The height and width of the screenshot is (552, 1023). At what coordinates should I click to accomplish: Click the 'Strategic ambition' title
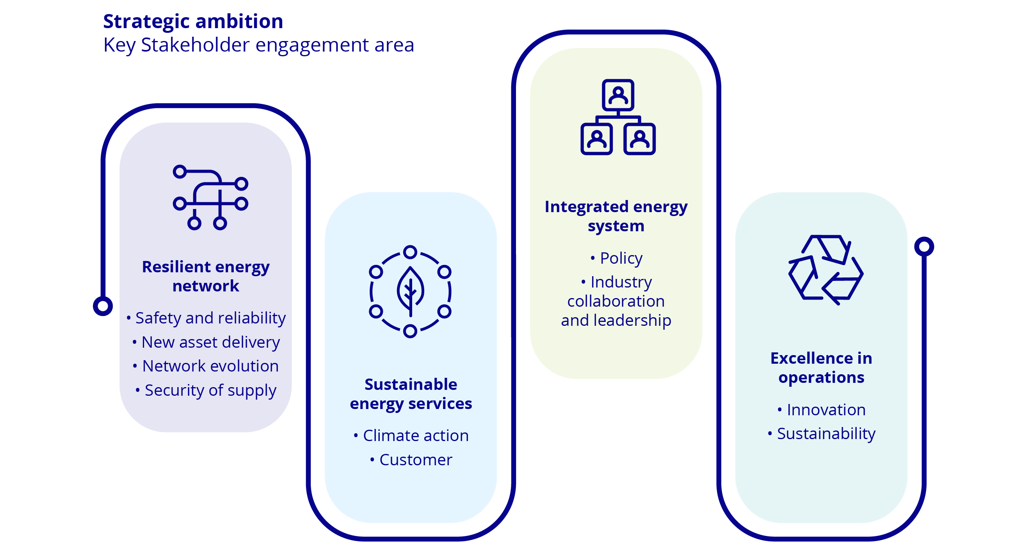pyautogui.click(x=193, y=21)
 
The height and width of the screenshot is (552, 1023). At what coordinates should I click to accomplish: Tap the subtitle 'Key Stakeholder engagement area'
pyautogui.click(x=258, y=45)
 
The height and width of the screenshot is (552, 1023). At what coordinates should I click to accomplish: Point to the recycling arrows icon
pyautogui.click(x=826, y=270)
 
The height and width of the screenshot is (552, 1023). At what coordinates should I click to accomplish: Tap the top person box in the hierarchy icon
pyautogui.click(x=618, y=95)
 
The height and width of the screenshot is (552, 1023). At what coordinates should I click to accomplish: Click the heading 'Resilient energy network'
pyautogui.click(x=206, y=276)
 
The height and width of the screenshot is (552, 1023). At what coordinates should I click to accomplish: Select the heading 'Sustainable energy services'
pyautogui.click(x=411, y=394)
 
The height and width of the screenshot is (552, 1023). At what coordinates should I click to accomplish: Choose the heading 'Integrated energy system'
pyautogui.click(x=616, y=216)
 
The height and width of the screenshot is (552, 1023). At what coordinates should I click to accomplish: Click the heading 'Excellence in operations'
pyautogui.click(x=821, y=368)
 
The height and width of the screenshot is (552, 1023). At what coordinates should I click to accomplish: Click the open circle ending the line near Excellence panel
pyautogui.click(x=924, y=247)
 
